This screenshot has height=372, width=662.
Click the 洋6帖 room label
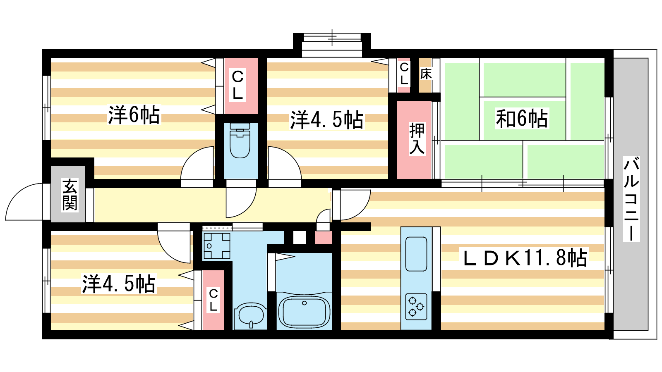[x=134, y=114]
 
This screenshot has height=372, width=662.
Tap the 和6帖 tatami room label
[x=522, y=118]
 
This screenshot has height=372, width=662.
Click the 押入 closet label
[x=417, y=138]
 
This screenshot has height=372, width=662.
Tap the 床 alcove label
[x=426, y=74]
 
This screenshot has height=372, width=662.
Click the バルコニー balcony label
[x=631, y=199]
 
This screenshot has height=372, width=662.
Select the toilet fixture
[x=240, y=141]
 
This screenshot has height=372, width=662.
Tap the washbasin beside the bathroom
[x=251, y=315]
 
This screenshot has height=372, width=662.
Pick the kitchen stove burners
[x=416, y=307]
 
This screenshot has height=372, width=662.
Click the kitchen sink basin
[x=416, y=254]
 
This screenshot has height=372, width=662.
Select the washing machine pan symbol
[x=217, y=246]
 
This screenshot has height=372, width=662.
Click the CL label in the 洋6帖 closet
[x=237, y=85]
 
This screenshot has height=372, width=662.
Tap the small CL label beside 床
[x=404, y=74]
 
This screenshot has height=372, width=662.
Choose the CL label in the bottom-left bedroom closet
[x=213, y=300]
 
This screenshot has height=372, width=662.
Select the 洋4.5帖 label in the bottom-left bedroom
[x=118, y=284]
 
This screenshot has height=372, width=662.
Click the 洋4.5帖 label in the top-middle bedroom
[x=327, y=120]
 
